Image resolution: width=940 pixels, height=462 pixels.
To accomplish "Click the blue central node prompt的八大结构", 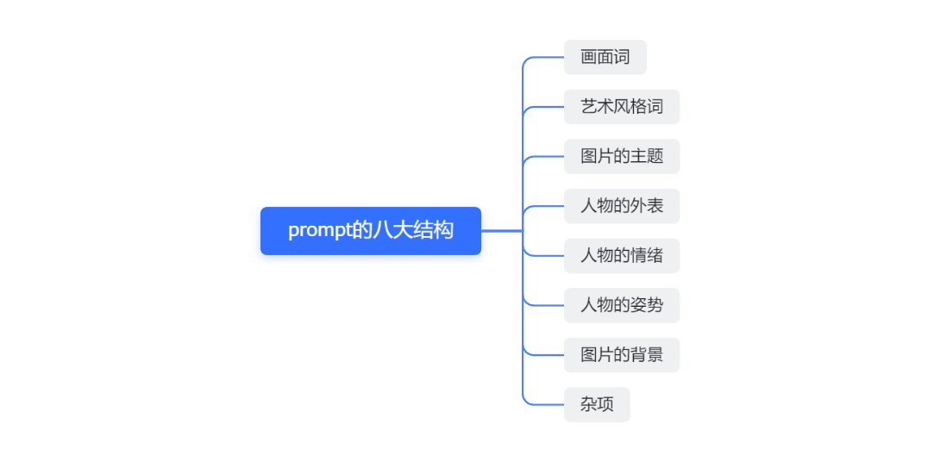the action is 371,231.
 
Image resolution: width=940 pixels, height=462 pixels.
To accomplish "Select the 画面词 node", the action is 605,58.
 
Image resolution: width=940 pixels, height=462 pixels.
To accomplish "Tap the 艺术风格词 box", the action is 622,107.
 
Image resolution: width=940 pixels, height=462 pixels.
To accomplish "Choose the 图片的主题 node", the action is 622,157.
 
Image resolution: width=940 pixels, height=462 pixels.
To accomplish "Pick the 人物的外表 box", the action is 622,206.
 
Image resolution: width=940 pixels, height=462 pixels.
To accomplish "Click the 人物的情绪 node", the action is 622,256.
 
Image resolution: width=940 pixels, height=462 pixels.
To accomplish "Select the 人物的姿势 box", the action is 622,306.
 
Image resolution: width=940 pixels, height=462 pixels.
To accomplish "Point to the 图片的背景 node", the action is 622,355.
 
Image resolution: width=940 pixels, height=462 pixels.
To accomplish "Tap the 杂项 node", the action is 597,405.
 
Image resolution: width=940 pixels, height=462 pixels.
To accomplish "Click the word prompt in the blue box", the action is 319,231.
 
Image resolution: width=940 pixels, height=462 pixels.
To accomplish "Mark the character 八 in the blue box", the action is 381,231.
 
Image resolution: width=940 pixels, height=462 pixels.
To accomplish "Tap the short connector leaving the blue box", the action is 502,231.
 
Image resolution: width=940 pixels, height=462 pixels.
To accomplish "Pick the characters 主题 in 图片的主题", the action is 647,157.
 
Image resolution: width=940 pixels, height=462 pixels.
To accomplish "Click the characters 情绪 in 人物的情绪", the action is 647,256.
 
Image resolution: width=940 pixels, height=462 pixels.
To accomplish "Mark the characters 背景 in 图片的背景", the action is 647,355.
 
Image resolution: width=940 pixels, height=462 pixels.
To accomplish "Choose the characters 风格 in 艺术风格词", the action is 630,107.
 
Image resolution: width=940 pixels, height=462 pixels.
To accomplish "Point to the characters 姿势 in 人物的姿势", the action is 647,306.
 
